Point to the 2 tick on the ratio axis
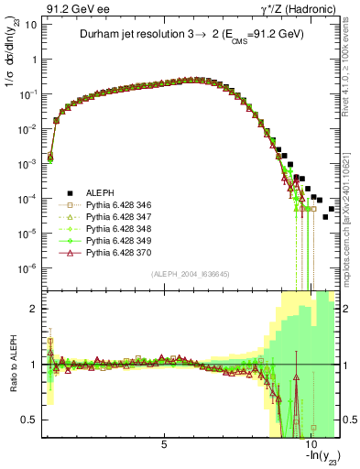click(x=37, y=309)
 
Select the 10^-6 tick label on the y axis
click(x=27, y=268)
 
